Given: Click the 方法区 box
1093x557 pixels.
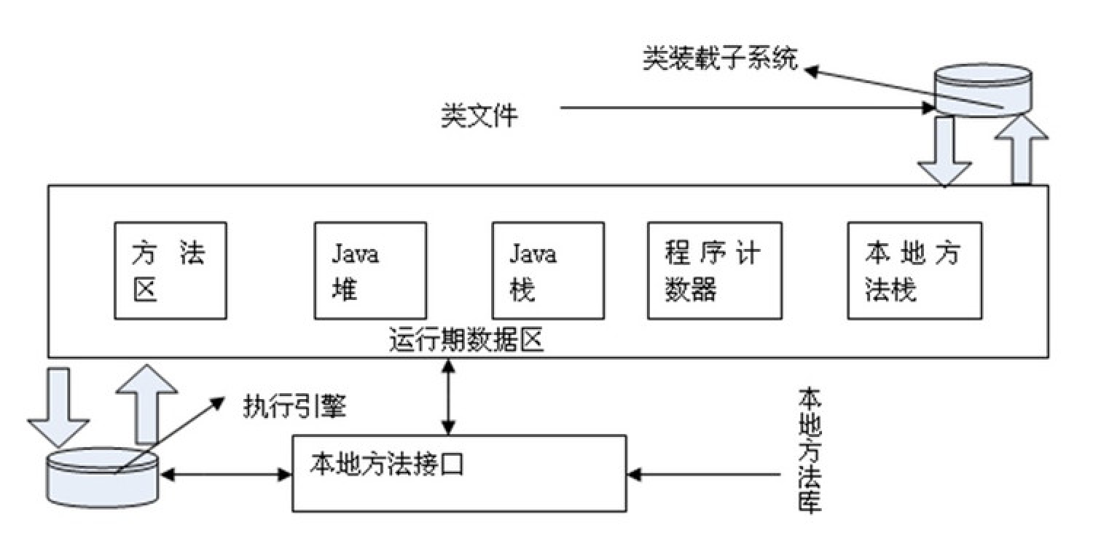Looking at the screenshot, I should coord(170,270).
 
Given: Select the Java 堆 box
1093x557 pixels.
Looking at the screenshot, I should coord(370,270).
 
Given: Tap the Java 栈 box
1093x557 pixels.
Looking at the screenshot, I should coord(548,270).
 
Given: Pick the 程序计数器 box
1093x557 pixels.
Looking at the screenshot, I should coord(714,270).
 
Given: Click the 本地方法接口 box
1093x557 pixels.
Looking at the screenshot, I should coord(459,473).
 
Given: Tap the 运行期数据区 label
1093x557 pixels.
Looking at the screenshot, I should coord(466,341).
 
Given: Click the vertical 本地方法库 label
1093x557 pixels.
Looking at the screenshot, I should coord(810,451).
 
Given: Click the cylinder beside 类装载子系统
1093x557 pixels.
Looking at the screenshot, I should coord(984,91).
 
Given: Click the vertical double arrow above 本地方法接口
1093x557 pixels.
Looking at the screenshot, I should coord(449,396).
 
